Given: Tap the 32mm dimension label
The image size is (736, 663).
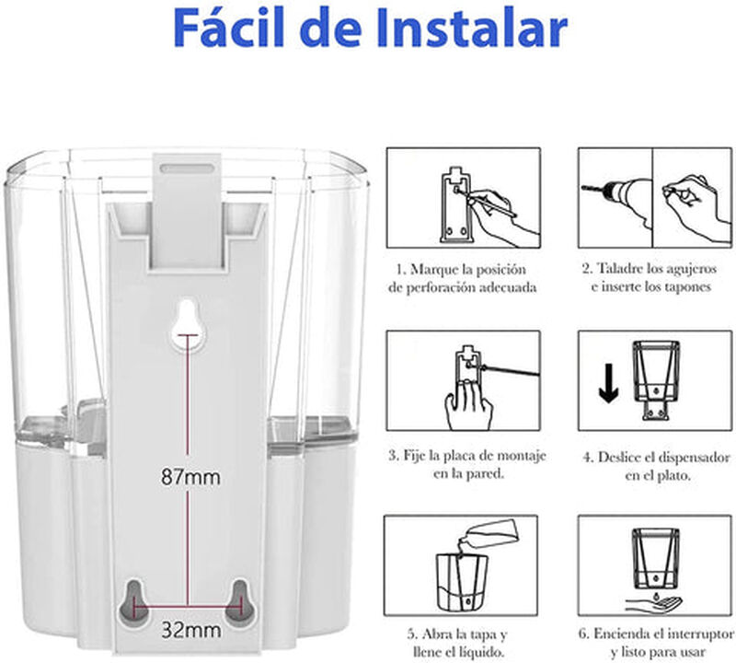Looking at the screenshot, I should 190,631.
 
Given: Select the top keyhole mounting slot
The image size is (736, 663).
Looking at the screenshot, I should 188,319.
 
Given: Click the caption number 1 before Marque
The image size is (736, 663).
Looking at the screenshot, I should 400,271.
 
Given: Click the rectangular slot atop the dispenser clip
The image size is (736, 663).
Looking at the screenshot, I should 188,169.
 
